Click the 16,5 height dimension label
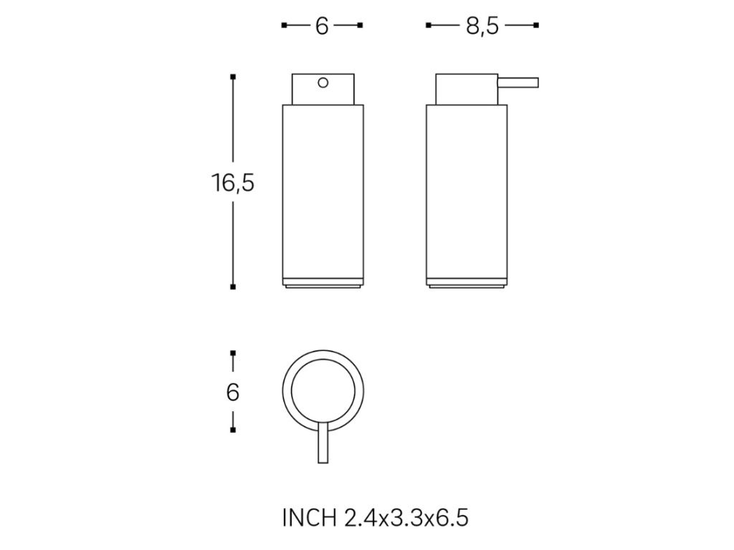233,183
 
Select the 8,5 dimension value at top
482,26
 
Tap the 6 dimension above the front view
322,26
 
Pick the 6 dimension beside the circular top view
233,392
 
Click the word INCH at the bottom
310,518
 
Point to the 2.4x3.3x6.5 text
406,518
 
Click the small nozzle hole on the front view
323,83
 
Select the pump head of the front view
323,89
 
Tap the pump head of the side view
467,89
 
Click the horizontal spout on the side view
518,83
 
